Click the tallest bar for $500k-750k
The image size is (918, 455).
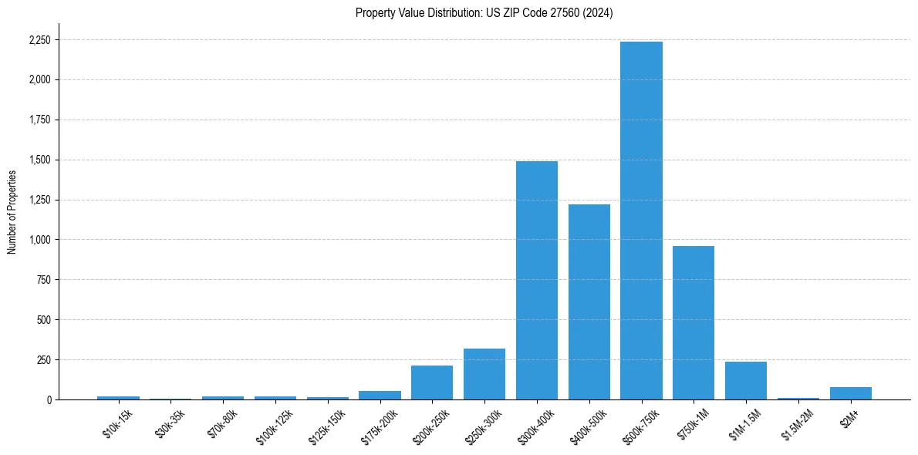(x=641, y=221)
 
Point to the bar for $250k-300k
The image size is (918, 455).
(x=484, y=374)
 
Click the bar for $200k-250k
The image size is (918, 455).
(x=432, y=383)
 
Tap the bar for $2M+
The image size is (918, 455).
(x=851, y=393)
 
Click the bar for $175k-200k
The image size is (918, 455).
(x=380, y=395)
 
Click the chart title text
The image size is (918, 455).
(x=484, y=13)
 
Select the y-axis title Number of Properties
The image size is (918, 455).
(x=12, y=212)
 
